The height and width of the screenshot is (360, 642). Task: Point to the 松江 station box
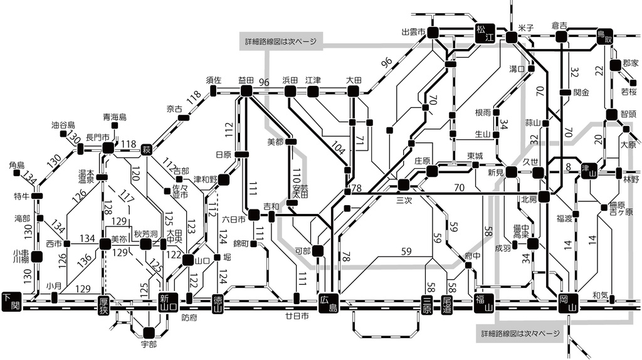(485, 33)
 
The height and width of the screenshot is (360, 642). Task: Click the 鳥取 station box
(604, 36)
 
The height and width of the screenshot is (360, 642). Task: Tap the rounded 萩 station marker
(147, 149)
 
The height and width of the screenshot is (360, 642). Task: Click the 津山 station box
(588, 169)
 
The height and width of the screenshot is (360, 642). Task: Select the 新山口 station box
(169, 302)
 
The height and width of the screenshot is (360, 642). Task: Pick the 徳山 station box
(218, 303)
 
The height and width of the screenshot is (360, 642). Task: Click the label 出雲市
(414, 31)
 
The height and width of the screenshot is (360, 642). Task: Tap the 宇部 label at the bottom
(149, 344)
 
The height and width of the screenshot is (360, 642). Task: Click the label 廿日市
(297, 316)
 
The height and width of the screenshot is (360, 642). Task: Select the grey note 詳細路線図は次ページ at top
(280, 41)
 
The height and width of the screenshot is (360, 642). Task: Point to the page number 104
(338, 149)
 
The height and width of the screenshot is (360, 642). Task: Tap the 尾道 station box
(447, 303)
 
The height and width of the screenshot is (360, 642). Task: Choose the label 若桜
(628, 91)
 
